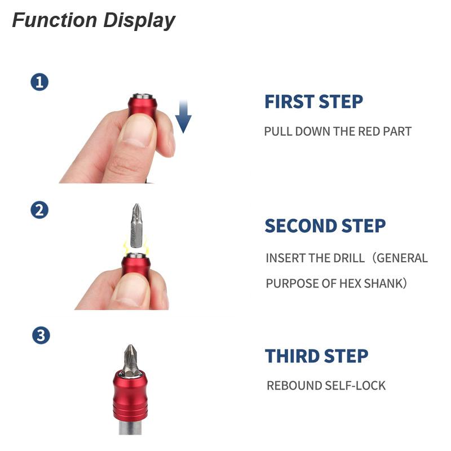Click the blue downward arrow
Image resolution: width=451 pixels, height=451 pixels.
click(183, 116)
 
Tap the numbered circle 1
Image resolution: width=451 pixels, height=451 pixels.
click(39, 82)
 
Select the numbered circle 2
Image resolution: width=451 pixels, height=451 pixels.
click(39, 210)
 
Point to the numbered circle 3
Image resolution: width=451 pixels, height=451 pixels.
click(41, 335)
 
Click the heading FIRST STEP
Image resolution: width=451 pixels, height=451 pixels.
click(313, 101)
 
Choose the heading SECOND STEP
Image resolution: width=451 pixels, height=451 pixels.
click(325, 226)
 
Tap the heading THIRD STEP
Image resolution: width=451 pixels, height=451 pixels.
click(316, 356)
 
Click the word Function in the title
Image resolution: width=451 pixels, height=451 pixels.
click(55, 20)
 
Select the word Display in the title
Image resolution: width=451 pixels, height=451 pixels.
click(139, 21)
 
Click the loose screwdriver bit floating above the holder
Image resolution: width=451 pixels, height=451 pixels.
click(136, 226)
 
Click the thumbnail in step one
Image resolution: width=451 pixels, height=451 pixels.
click(138, 131)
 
